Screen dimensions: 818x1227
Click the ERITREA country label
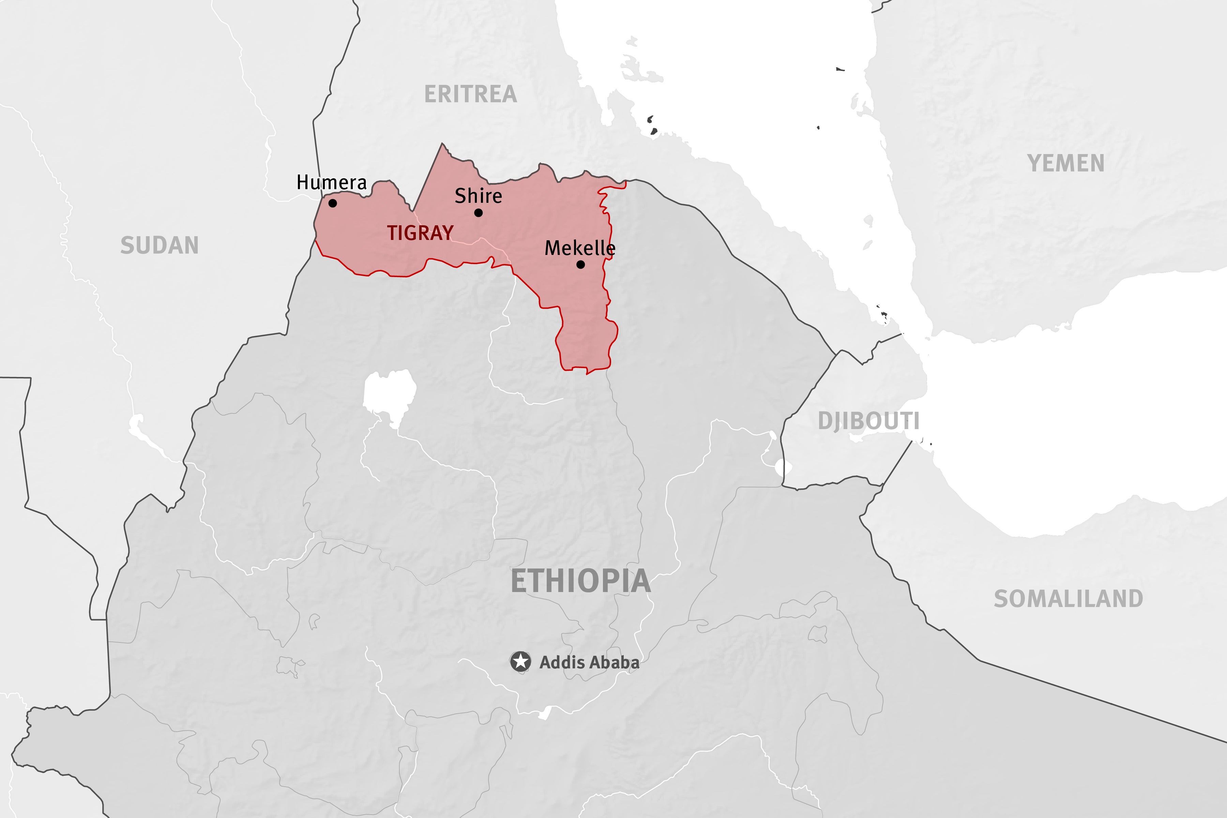pos(471,94)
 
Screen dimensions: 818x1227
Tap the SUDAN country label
pos(160,245)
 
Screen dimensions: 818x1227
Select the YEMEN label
pos(1066,163)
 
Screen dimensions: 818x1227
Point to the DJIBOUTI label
pos(868,421)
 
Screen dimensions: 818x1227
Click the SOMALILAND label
pos(1068,599)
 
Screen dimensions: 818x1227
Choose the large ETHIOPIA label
pos(581,581)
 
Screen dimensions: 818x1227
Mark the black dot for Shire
pos(479,213)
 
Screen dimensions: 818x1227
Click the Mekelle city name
pos(580,248)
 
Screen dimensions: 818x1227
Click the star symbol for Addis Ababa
pos(520,662)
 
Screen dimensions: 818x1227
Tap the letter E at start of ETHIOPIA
pos(518,581)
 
